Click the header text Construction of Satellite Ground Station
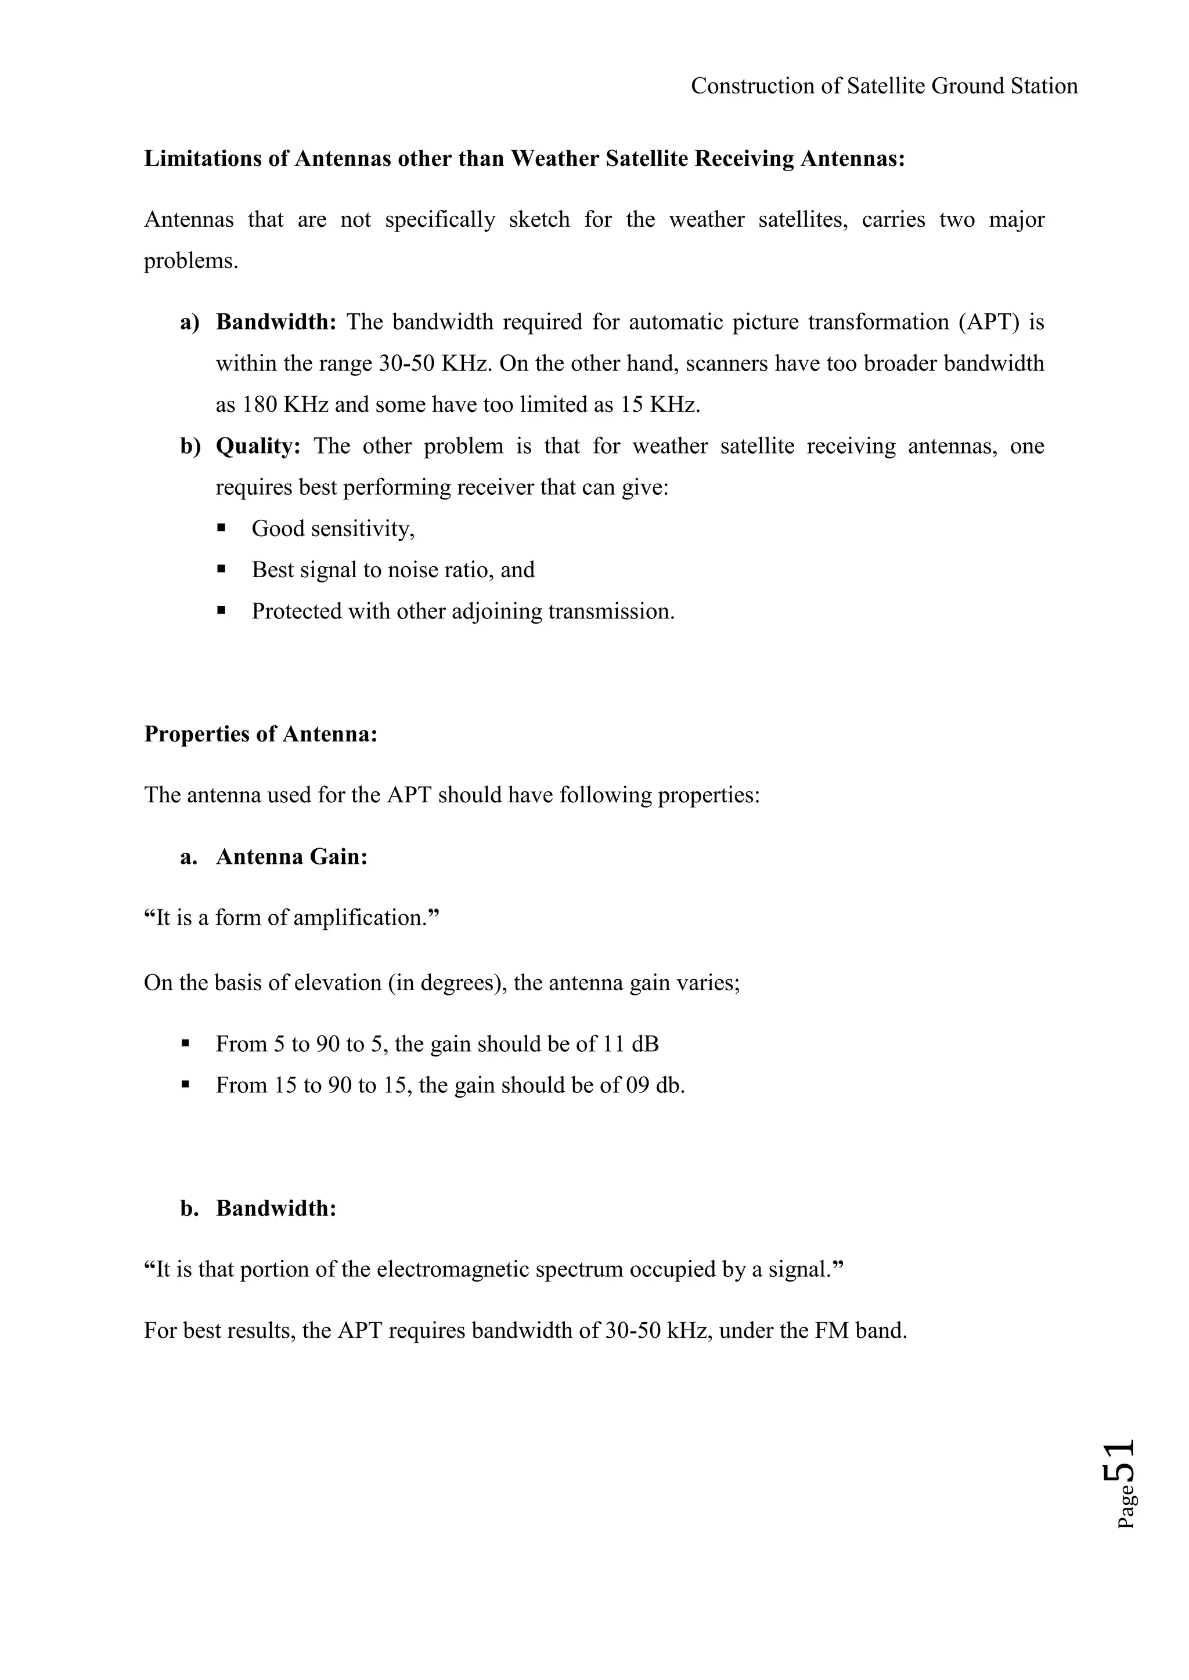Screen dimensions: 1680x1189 (x=884, y=86)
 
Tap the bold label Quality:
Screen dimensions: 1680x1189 (x=258, y=446)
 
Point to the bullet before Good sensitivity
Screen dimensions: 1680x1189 (x=221, y=527)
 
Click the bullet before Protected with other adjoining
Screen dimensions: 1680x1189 (x=221, y=610)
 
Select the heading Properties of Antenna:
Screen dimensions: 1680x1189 (x=261, y=734)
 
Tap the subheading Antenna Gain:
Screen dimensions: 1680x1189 (x=291, y=857)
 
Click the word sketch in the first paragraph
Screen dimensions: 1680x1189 (x=539, y=219)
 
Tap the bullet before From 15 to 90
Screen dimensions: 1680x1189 (x=185, y=1085)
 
